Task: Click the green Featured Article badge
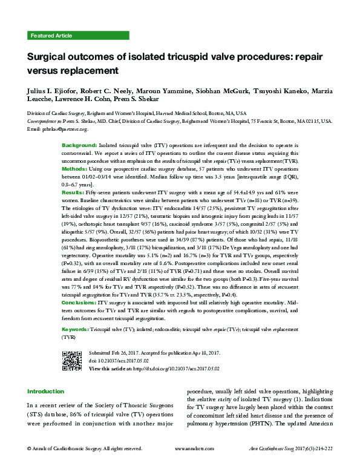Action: (x=51, y=36)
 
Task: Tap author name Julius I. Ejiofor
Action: (x=51, y=91)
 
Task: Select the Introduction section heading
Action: (x=46, y=392)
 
